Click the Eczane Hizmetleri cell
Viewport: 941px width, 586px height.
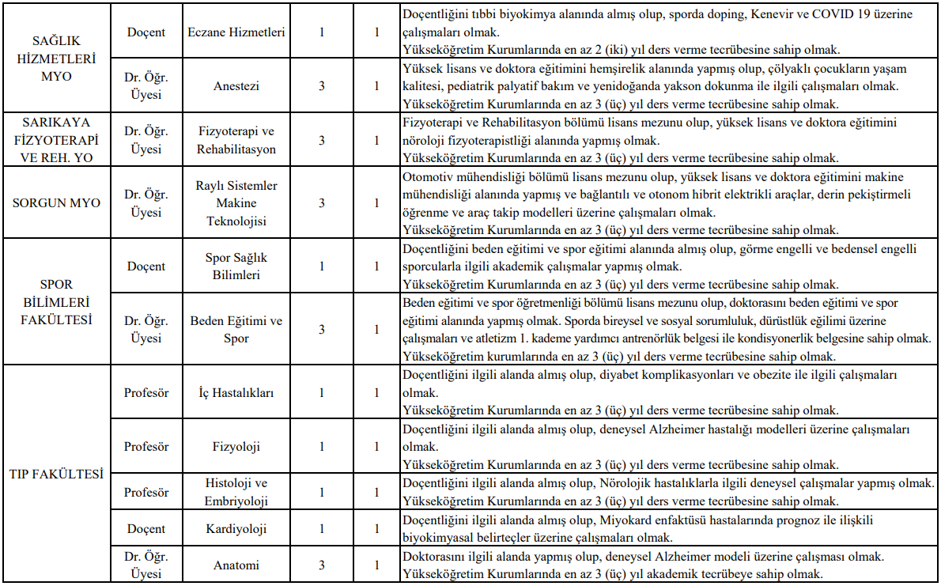[x=236, y=32]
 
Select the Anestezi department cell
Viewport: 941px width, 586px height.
[x=236, y=85]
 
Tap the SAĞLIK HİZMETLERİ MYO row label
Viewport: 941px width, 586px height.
[x=56, y=59]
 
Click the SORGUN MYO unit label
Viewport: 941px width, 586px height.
[x=56, y=203]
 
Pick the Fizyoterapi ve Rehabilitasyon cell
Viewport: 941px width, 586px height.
[x=236, y=140]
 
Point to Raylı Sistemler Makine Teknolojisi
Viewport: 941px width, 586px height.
[x=236, y=203]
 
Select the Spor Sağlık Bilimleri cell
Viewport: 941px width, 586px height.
[x=236, y=267]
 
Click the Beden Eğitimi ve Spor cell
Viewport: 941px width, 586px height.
[x=236, y=330]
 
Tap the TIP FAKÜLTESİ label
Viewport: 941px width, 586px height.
[x=56, y=474]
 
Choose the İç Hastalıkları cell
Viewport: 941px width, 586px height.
[x=236, y=392]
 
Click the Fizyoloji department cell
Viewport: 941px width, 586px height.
[x=236, y=447]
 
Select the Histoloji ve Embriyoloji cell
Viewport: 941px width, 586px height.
[x=236, y=492]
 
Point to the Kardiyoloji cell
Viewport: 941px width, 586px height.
[x=236, y=529]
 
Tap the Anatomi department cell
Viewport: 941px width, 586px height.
[x=236, y=565]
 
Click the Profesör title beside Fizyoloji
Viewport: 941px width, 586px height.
[x=146, y=447]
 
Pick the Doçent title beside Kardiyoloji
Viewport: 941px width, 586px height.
[x=146, y=529]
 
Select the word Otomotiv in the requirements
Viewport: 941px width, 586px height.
[x=428, y=176]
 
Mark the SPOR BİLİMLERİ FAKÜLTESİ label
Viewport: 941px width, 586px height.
[x=56, y=302]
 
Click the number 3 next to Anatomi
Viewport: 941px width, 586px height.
[x=321, y=565]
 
